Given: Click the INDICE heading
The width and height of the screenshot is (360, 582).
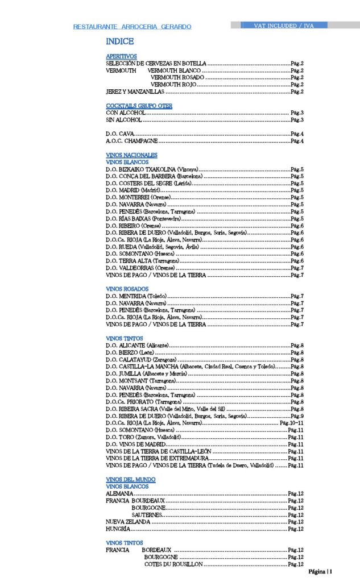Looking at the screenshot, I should click(x=119, y=41).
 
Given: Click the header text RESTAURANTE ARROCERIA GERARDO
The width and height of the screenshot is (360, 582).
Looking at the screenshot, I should click(x=132, y=27).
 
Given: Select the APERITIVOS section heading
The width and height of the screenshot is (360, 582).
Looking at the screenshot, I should click(x=121, y=56).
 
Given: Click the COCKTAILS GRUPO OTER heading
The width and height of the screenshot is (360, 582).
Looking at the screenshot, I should click(x=139, y=106).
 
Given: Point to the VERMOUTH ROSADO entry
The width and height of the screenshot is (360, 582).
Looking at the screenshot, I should click(x=177, y=77).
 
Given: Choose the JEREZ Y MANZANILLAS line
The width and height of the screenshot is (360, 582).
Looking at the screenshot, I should click(x=135, y=92).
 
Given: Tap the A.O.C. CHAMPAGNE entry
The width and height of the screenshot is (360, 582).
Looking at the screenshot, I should click(x=132, y=141).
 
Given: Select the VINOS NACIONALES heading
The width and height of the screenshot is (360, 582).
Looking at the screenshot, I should click(x=131, y=155).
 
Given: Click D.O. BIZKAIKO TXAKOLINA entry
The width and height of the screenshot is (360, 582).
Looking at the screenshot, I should click(x=152, y=169).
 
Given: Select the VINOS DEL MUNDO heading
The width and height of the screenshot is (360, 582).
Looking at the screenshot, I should click(x=130, y=479).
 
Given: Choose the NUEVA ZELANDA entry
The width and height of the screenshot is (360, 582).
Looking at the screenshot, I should click(x=128, y=521).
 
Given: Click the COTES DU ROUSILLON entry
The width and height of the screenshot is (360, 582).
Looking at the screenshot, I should click(x=173, y=564).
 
